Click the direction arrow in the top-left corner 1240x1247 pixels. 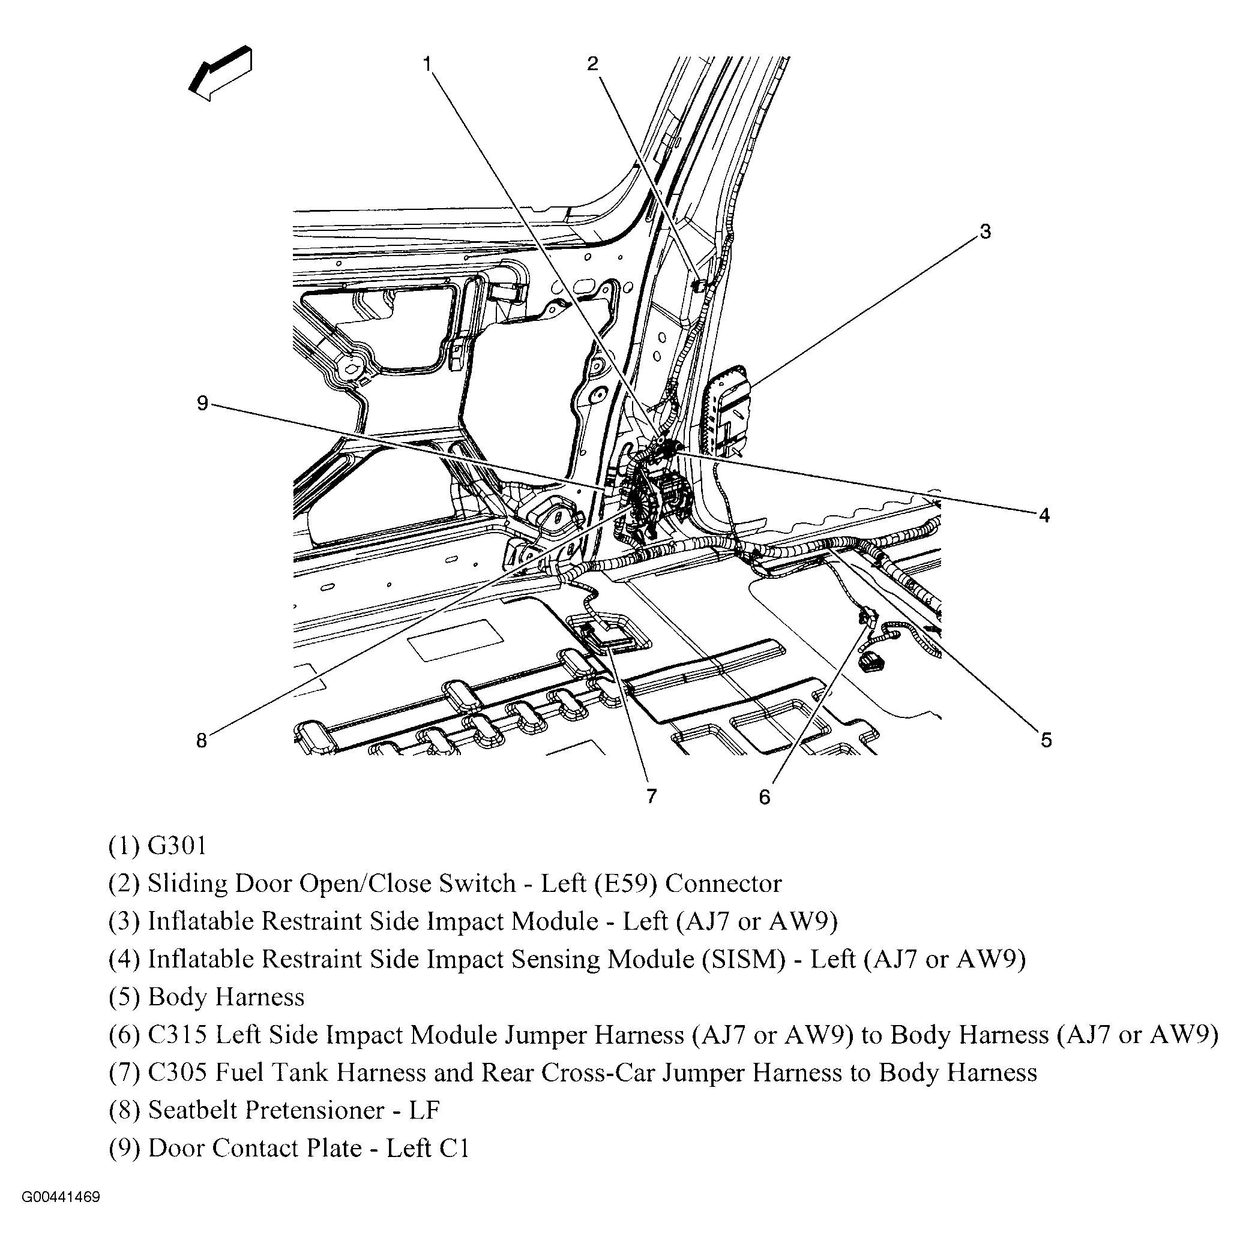[220, 74]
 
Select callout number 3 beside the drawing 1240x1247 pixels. [985, 231]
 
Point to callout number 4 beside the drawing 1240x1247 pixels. [1044, 515]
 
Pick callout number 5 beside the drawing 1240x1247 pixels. [1046, 740]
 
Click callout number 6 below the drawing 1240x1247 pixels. [765, 797]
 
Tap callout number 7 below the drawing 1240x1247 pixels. [652, 796]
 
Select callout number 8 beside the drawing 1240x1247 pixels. [202, 740]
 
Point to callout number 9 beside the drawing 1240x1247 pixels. [202, 404]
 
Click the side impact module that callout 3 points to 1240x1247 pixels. [727, 410]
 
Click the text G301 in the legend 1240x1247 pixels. [177, 846]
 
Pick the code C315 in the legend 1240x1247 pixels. [178, 1035]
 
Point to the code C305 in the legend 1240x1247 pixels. [178, 1072]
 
